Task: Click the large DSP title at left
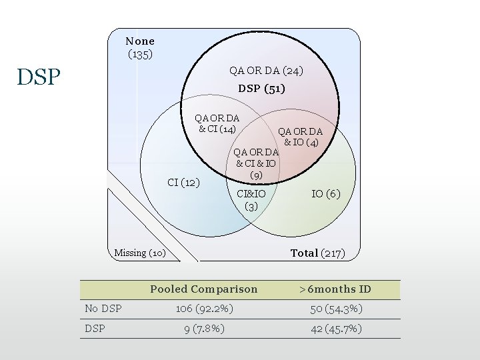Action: [39, 77]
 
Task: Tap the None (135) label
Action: [140, 47]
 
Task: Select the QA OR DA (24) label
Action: [266, 69]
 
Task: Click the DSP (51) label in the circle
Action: [261, 89]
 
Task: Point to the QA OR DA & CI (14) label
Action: [217, 123]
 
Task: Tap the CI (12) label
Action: [183, 182]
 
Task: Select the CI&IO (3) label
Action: [251, 200]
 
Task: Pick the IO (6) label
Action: [326, 193]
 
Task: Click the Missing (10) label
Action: [140, 253]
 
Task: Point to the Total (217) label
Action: [317, 253]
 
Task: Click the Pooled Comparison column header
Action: [203, 289]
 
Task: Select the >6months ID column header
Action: [335, 289]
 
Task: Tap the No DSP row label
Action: [99, 309]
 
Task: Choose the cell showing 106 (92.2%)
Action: [203, 309]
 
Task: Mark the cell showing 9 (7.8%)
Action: [203, 328]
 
